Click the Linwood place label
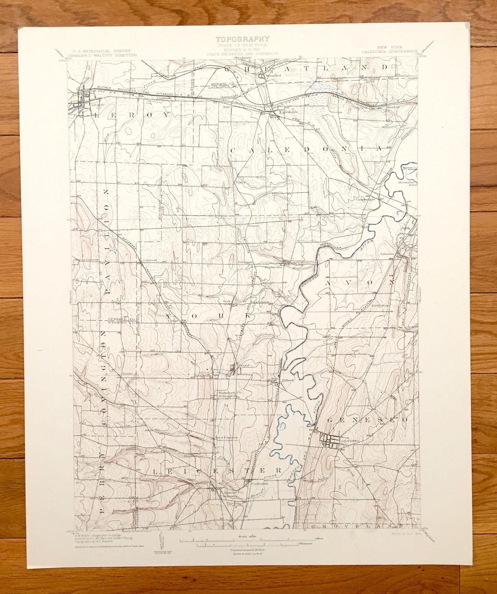click(150, 260)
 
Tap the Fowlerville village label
click(271, 266)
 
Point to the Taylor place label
click(239, 182)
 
